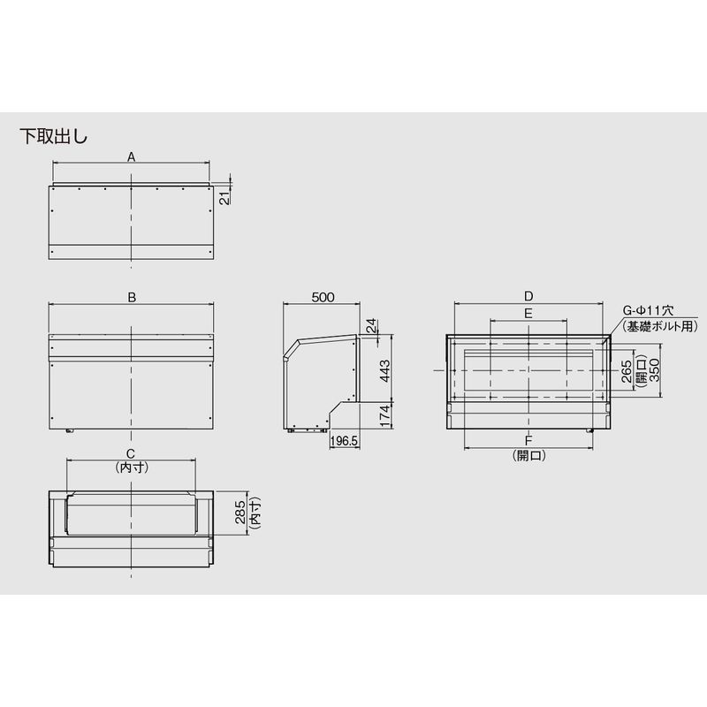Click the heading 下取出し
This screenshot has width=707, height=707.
pyautogui.click(x=54, y=136)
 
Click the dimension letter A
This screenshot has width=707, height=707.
pyautogui.click(x=131, y=157)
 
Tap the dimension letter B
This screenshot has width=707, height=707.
pyautogui.click(x=132, y=298)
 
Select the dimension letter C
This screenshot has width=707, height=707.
pyautogui.click(x=130, y=453)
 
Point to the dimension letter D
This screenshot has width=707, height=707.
pyautogui.click(x=528, y=296)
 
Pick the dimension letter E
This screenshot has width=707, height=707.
pyautogui.click(x=528, y=313)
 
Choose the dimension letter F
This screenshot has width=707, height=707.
pyautogui.click(x=528, y=440)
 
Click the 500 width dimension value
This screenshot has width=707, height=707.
pyautogui.click(x=323, y=297)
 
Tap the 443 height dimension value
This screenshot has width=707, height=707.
pyautogui.click(x=385, y=370)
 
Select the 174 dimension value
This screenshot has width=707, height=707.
pyautogui.click(x=385, y=415)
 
